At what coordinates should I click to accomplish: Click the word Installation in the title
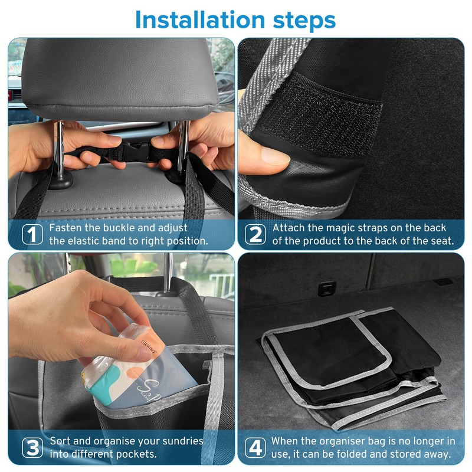(x=200, y=20)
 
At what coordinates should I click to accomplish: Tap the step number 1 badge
(x=32, y=234)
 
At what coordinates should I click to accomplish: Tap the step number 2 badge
(x=255, y=234)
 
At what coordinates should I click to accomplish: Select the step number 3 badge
(x=32, y=448)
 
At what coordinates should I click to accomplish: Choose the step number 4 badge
(x=255, y=448)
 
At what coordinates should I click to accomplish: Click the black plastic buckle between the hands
(x=135, y=152)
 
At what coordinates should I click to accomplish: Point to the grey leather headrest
(x=120, y=78)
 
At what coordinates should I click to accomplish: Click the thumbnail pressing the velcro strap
(x=276, y=155)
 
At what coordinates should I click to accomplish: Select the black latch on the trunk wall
(x=327, y=289)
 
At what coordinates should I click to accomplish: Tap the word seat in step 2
(x=442, y=241)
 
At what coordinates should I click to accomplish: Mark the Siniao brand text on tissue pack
(x=149, y=346)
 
